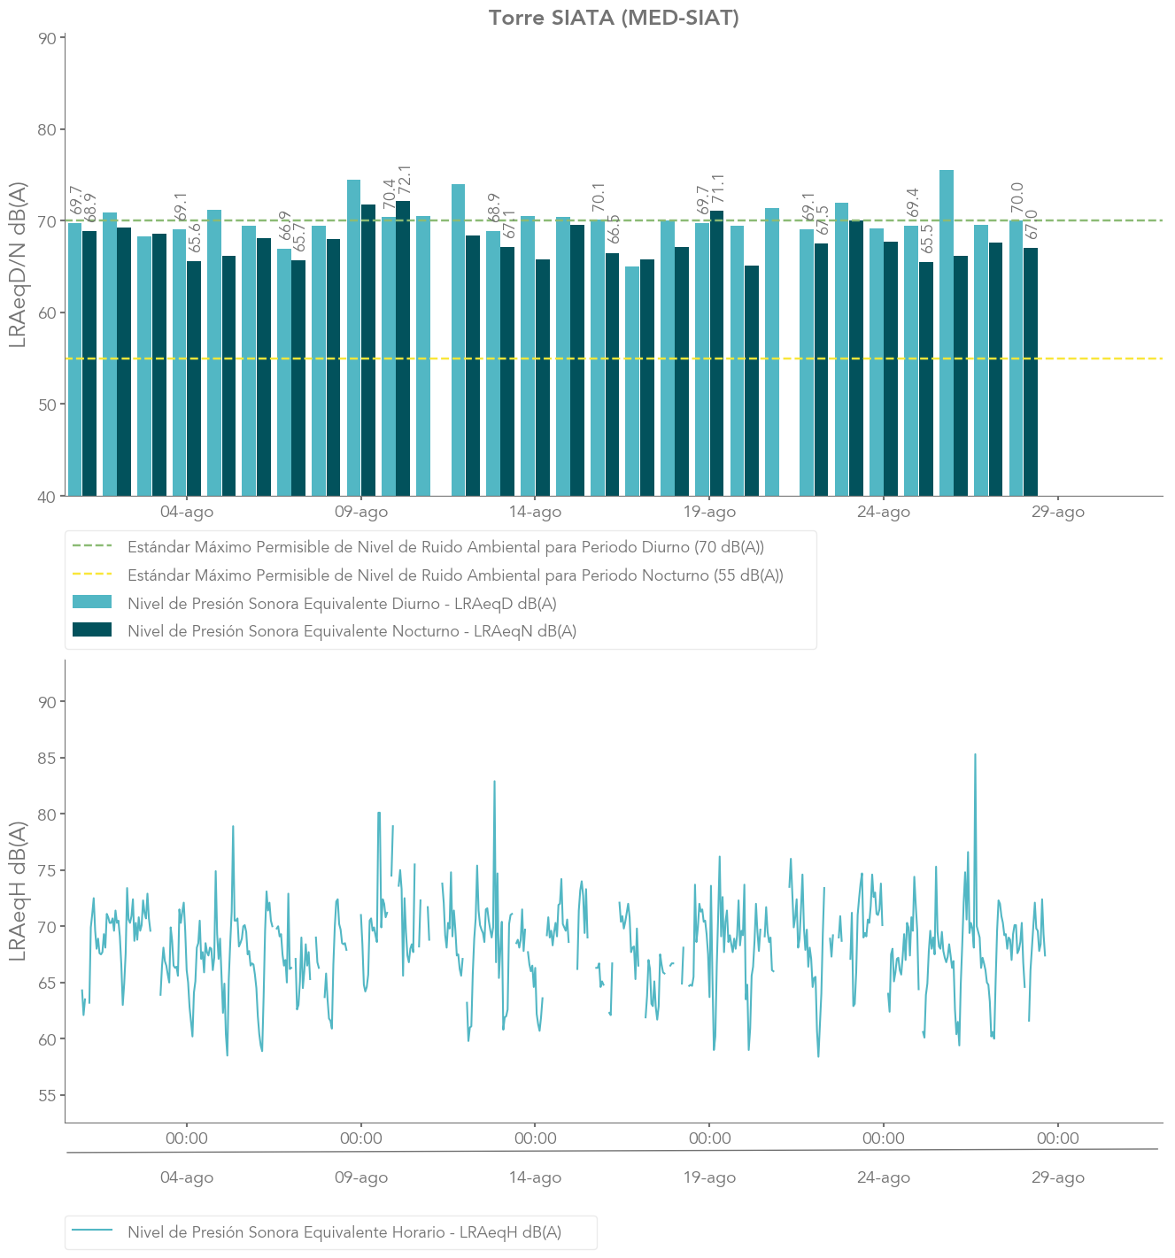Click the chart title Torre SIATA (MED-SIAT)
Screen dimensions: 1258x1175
coord(613,18)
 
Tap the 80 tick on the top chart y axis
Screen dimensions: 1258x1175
coord(46,129)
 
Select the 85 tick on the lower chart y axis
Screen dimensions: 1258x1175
coord(46,758)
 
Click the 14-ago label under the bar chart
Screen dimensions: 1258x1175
coord(535,512)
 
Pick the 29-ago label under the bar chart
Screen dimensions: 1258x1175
coord(1057,512)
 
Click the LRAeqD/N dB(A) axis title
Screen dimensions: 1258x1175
coord(18,264)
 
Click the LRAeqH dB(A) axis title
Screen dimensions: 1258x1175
coord(18,891)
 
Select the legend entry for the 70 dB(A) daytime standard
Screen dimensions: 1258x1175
coord(445,547)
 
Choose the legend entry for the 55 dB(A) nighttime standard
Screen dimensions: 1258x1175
coord(455,575)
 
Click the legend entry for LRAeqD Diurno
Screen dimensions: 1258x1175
coord(342,604)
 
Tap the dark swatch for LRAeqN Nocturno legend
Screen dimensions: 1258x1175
coord(92,630)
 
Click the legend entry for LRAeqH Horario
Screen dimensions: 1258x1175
coord(344,1231)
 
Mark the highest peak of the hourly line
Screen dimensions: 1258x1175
coord(975,755)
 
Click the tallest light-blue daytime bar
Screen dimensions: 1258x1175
coord(946,332)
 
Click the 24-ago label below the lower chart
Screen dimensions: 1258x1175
coord(883,1177)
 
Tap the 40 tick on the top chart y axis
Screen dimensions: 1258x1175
coord(46,496)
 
